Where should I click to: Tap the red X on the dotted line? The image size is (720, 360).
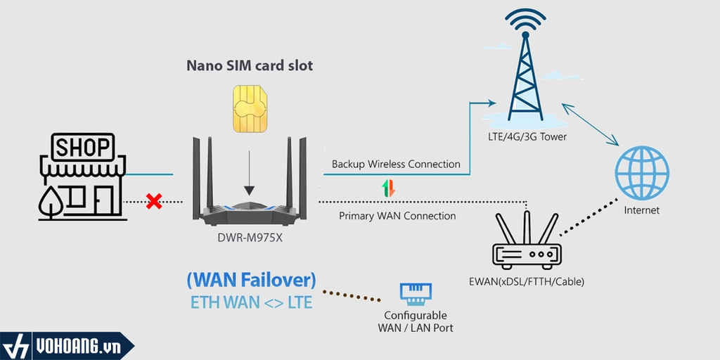pyautogui.click(x=154, y=202)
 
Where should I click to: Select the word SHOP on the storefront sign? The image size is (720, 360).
pyautogui.click(x=83, y=148)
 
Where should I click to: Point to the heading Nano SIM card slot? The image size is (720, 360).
pyautogui.click(x=250, y=65)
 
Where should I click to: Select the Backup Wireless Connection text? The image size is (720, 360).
pyautogui.click(x=396, y=165)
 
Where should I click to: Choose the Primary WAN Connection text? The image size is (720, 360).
pyautogui.click(x=397, y=216)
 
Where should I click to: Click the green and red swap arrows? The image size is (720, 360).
pyautogui.click(x=389, y=188)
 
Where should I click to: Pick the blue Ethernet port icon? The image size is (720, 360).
pyautogui.click(x=416, y=293)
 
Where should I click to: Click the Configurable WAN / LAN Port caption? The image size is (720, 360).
pyautogui.click(x=416, y=321)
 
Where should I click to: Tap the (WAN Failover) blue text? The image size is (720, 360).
pyautogui.click(x=251, y=280)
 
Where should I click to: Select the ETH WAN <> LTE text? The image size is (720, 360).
pyautogui.click(x=251, y=302)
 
